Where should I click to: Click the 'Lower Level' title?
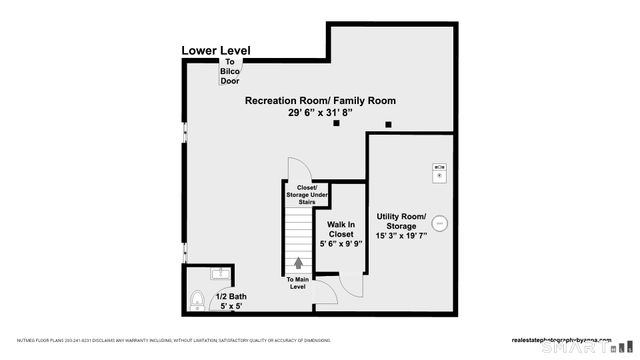(216, 50)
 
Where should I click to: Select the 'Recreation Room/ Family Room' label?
(320, 100)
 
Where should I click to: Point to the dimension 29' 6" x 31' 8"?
(320, 113)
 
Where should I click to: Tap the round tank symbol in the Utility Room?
(439, 226)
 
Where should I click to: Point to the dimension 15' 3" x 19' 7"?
(401, 236)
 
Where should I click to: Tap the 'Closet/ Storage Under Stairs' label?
(306, 194)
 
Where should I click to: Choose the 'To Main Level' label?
(298, 283)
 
